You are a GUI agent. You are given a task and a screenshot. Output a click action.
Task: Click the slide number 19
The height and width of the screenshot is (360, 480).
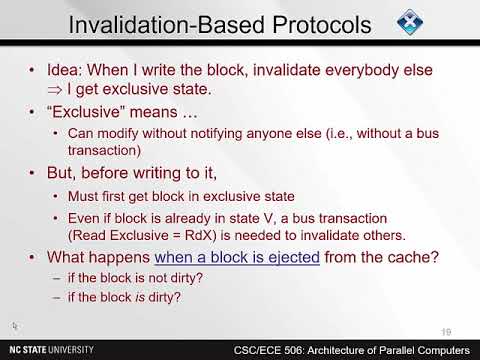click(x=446, y=331)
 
